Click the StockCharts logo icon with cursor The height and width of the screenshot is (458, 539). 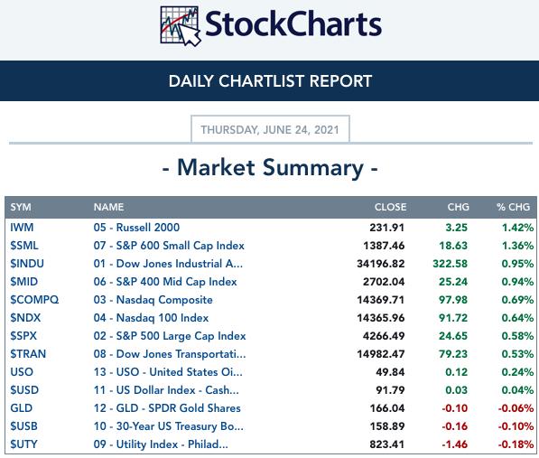coord(181,26)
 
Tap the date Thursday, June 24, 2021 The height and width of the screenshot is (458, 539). coord(270,129)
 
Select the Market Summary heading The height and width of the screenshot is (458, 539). coord(270,168)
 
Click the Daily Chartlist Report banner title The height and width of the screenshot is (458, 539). coord(270,81)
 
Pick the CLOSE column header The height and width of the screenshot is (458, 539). coord(390,207)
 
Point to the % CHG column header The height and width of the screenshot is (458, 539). coord(513,207)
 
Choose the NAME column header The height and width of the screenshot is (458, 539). coord(108,207)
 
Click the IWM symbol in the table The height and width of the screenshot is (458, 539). coord(22,228)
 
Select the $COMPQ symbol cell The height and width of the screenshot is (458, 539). coord(34,300)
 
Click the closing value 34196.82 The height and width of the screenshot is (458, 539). coord(380,264)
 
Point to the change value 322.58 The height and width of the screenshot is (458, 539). coord(450,264)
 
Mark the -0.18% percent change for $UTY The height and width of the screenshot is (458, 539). coord(516,444)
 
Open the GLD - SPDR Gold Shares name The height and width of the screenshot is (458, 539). coord(167,408)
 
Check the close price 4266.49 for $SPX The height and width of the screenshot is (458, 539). coord(384,336)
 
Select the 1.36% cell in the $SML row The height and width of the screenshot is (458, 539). coord(517,246)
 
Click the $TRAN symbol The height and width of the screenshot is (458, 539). coord(28,354)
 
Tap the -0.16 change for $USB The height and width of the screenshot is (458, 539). coord(455,426)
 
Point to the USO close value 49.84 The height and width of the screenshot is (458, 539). coord(390,372)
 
